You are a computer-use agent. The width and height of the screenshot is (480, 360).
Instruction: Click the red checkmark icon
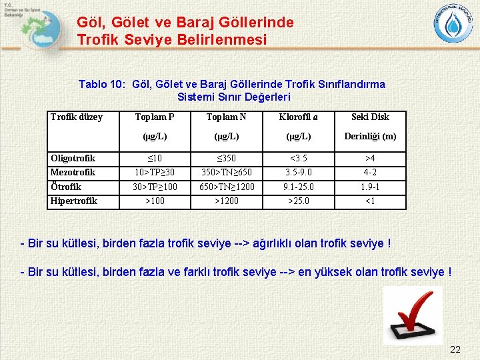(x=414, y=316)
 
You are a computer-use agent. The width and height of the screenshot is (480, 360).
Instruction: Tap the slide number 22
(x=455, y=349)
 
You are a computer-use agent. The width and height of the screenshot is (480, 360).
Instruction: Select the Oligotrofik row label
(x=73, y=159)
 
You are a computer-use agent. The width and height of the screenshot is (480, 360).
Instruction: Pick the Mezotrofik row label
(x=73, y=173)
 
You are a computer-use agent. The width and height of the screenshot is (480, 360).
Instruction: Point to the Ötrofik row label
(x=67, y=187)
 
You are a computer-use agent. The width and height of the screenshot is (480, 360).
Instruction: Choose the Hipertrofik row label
(x=74, y=201)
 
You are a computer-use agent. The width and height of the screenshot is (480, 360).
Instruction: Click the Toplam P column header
(x=155, y=117)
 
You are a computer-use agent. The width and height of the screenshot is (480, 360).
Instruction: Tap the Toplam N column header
(x=226, y=117)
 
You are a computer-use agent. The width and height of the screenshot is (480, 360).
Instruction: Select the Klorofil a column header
(x=298, y=117)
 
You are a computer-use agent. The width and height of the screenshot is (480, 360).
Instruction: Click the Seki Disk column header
(x=370, y=117)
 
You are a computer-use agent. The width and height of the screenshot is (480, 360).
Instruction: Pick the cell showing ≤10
(x=155, y=159)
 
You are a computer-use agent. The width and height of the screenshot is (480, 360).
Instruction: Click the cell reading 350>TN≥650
(x=226, y=173)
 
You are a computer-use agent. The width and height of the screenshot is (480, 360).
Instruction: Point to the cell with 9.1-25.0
(x=298, y=187)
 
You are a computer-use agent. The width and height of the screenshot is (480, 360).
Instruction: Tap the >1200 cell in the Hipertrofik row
(x=226, y=201)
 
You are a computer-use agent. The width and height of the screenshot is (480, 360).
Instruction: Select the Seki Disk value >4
(x=370, y=159)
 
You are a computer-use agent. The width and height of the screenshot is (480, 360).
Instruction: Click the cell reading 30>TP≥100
(x=155, y=187)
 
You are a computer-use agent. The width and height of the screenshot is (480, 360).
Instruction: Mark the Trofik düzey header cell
(x=77, y=117)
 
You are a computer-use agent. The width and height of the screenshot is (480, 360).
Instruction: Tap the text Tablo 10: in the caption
(x=103, y=85)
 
